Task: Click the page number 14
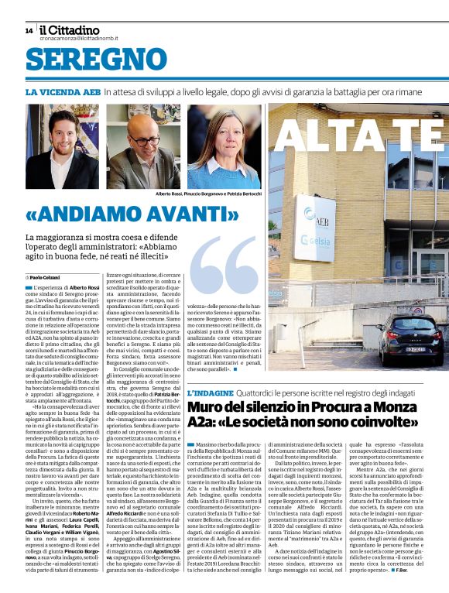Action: (29, 30)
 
